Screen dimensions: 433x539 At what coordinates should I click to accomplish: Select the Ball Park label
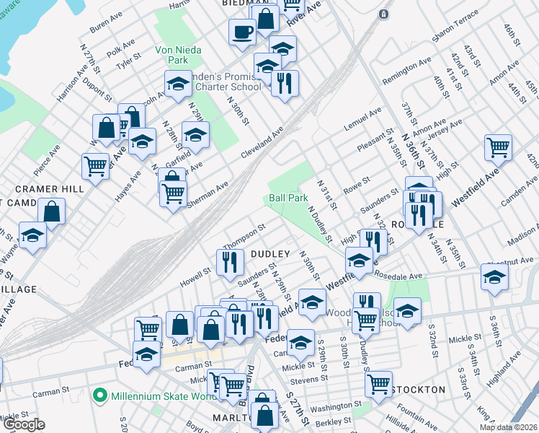pos(288,197)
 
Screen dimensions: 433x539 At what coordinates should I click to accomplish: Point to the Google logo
pos(24,424)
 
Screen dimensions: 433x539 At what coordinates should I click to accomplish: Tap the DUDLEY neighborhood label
pos(270,254)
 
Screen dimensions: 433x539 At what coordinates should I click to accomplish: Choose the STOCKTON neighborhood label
pos(420,390)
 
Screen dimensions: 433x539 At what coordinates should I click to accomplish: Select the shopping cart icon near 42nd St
pos(498,147)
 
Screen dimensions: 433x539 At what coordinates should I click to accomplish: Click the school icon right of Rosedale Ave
pos(494,276)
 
